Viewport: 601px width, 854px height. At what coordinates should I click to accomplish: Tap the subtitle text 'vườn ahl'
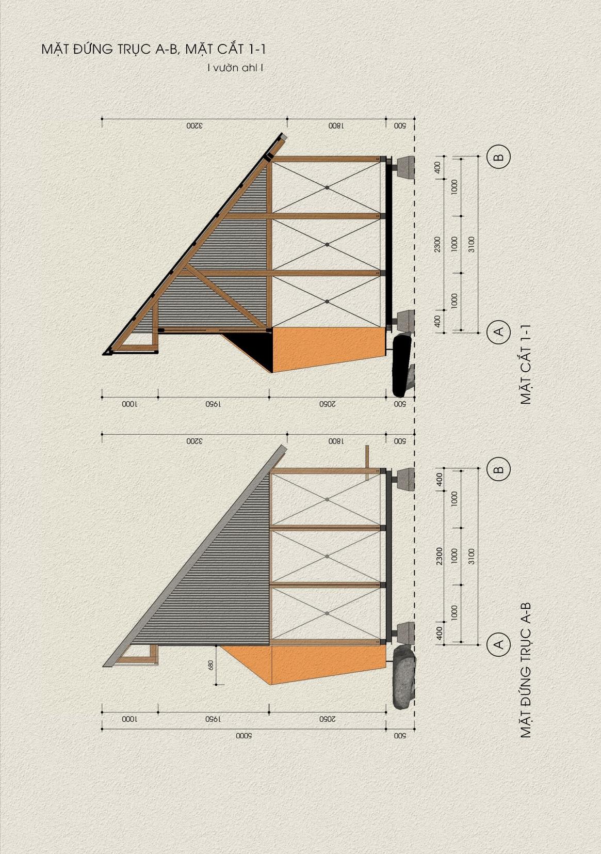pyautogui.click(x=235, y=68)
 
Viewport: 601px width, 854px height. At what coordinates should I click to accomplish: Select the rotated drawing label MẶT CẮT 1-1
pyautogui.click(x=526, y=364)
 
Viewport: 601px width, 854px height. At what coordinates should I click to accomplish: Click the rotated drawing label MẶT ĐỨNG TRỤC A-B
pyautogui.click(x=526, y=670)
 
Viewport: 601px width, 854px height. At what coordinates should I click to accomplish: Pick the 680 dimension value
pyautogui.click(x=210, y=665)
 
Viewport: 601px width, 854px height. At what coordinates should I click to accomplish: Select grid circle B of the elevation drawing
pyautogui.click(x=498, y=470)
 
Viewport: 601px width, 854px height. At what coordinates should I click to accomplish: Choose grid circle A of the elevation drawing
pyautogui.click(x=498, y=644)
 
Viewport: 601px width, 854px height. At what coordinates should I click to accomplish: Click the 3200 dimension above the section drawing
pyautogui.click(x=193, y=125)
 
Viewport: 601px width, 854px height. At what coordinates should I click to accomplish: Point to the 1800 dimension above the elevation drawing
pyautogui.click(x=335, y=441)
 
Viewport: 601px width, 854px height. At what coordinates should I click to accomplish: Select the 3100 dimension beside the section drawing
pyautogui.click(x=471, y=244)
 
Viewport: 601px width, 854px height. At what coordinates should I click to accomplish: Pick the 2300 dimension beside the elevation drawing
pyautogui.click(x=438, y=556)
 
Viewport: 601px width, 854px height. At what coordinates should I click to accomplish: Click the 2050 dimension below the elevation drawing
pyautogui.click(x=328, y=719)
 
